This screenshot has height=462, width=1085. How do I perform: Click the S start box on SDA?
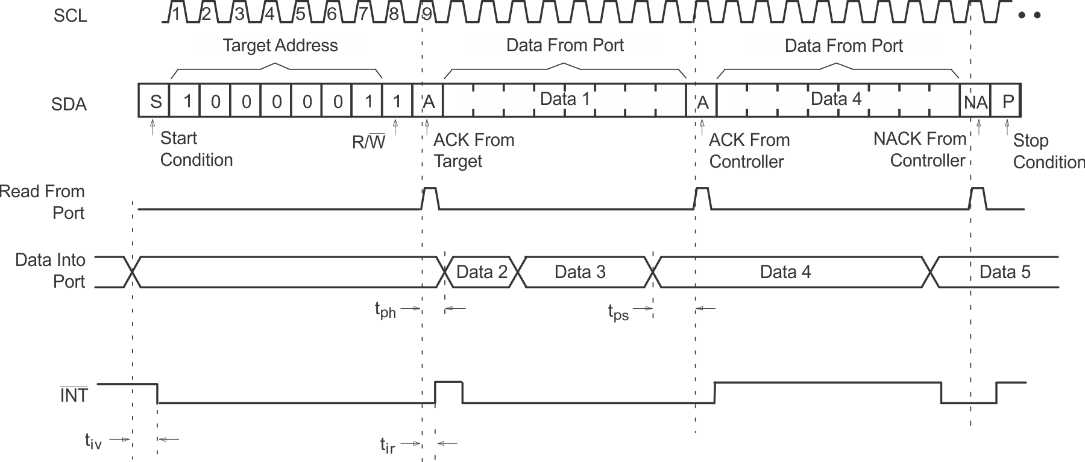click(155, 101)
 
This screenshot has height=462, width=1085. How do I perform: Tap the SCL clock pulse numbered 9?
click(427, 13)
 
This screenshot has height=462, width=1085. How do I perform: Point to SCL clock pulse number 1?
click(176, 13)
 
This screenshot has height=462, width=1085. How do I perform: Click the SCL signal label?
click(70, 16)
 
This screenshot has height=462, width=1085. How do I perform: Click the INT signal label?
click(74, 396)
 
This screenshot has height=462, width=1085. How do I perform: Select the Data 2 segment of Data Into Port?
click(482, 272)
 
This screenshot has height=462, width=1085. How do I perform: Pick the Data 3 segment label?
click(580, 272)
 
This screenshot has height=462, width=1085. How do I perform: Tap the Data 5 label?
click(1005, 272)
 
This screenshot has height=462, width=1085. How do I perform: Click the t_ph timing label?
click(385, 310)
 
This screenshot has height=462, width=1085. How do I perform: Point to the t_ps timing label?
click(618, 312)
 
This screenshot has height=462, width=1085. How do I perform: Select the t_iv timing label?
click(93, 441)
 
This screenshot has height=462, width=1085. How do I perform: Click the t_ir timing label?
click(388, 445)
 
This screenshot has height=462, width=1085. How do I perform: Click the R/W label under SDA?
click(368, 142)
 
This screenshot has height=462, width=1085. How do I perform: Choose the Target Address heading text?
click(280, 46)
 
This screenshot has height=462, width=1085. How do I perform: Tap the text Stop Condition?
click(1048, 151)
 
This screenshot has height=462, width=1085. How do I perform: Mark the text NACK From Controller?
click(920, 150)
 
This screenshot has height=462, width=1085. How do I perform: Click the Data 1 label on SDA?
click(565, 99)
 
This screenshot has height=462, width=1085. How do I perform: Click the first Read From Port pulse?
click(430, 198)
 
